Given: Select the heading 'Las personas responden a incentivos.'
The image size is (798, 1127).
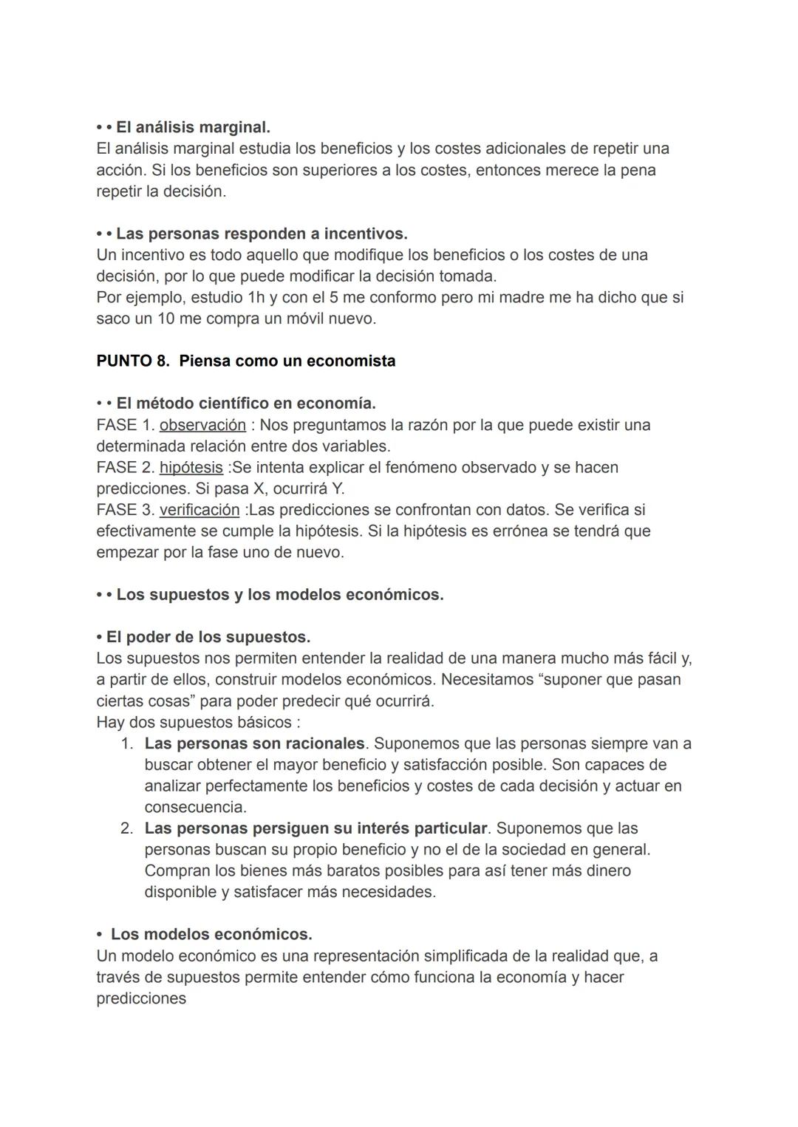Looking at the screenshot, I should [262, 234].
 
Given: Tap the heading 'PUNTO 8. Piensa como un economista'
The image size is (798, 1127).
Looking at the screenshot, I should [245, 361].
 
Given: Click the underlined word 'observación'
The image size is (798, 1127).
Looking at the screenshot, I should [202, 425].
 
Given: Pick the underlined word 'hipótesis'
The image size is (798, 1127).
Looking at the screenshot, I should [191, 467].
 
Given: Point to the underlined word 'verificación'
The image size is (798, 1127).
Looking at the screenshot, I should [199, 510].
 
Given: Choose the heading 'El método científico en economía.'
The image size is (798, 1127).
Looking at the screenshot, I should [245, 404].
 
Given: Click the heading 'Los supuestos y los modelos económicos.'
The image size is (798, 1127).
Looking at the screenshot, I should [279, 594].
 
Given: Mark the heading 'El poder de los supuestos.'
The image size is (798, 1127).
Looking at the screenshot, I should [208, 637].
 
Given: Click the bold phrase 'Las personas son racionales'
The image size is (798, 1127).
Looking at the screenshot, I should [254, 743].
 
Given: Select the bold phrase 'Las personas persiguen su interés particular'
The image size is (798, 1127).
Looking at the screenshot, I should [316, 828].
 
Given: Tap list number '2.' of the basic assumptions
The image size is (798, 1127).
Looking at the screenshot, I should [127, 828].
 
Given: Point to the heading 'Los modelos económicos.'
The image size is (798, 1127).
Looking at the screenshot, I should [211, 934].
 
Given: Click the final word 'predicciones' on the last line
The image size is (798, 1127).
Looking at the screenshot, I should [141, 998].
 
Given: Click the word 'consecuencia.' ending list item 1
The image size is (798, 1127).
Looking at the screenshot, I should [195, 807].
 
